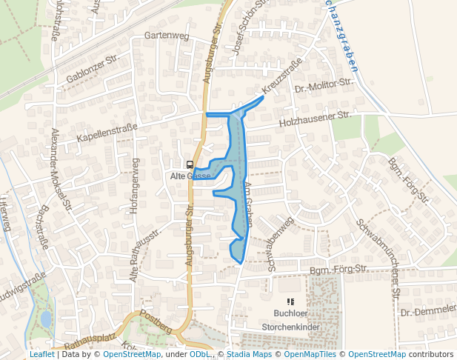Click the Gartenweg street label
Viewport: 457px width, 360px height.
[167, 36]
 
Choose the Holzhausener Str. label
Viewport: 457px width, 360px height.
[315, 119]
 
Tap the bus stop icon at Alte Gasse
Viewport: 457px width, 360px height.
[190, 164]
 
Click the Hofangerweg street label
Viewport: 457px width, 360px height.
[135, 186]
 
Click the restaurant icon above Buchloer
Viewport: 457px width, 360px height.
[290, 301]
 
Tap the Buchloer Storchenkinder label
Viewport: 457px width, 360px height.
[290, 319]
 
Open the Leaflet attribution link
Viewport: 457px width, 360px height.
[41, 355]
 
